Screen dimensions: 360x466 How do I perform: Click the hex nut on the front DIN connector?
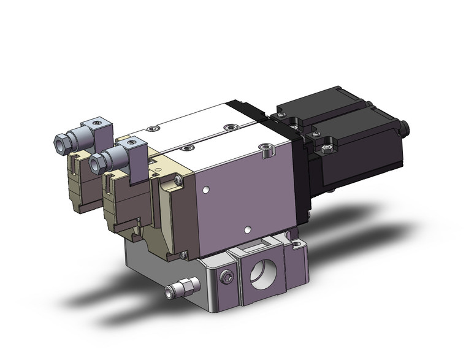pos(97,161)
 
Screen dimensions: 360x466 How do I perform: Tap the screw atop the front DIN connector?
pos(130,142)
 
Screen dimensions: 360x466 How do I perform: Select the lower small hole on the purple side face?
pos(246,230)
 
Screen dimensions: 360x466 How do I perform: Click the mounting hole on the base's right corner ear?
pos(296,245)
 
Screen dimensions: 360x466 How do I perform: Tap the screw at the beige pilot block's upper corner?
pos(177,180)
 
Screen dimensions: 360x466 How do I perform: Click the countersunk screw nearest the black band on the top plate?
pos(231,127)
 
